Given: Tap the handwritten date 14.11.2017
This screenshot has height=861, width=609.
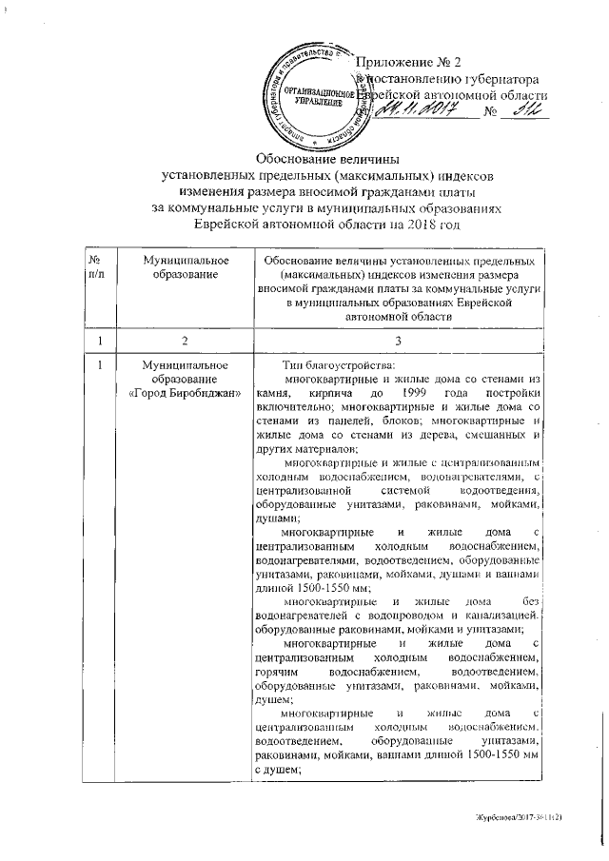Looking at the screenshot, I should pyautogui.click(x=418, y=113).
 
